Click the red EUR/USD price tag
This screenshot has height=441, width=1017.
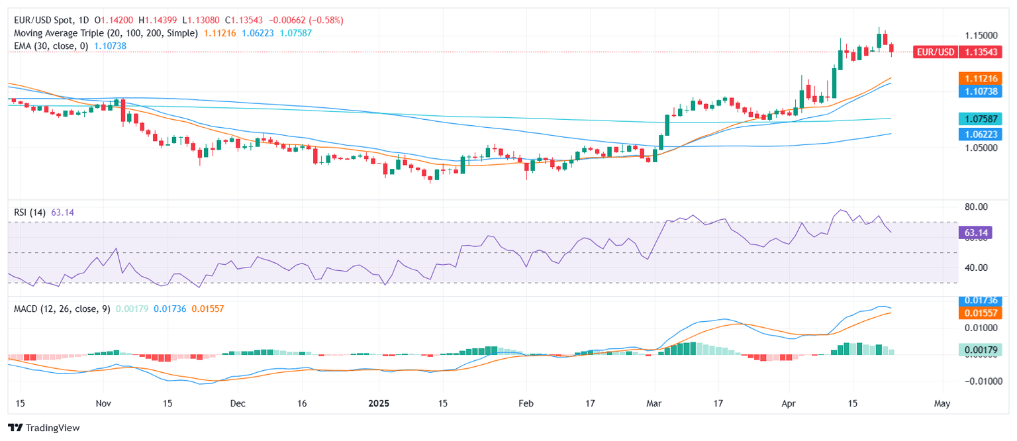[935, 52]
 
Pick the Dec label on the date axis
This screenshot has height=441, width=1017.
[238, 403]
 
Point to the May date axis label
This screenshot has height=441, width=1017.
[942, 403]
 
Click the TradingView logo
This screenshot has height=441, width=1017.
[44, 428]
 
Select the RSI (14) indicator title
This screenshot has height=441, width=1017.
[30, 213]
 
